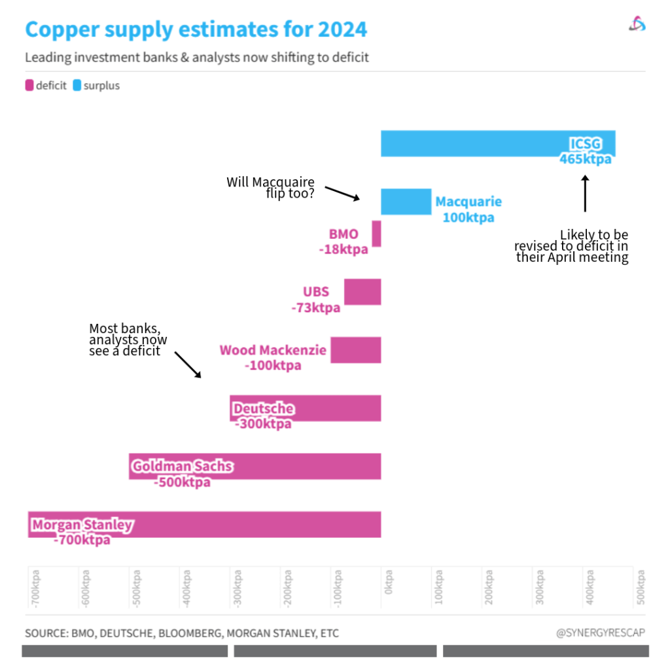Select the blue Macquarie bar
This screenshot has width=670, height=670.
(406, 202)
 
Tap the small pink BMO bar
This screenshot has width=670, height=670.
(376, 233)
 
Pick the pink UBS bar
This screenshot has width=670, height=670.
(362, 291)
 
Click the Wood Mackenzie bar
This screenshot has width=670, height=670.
(355, 349)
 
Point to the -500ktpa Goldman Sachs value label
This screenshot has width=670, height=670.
(183, 482)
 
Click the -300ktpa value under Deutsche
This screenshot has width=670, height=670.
(263, 424)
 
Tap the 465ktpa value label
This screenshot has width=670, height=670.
(585, 159)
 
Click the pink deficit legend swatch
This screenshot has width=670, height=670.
(29, 85)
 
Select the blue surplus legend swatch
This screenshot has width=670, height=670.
(77, 85)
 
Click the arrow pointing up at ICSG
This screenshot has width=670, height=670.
(585, 192)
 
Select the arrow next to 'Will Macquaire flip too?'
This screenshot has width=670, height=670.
(343, 193)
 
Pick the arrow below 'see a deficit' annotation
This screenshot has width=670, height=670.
(188, 364)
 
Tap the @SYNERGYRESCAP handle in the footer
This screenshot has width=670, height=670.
(600, 633)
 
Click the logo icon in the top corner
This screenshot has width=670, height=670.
(637, 24)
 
